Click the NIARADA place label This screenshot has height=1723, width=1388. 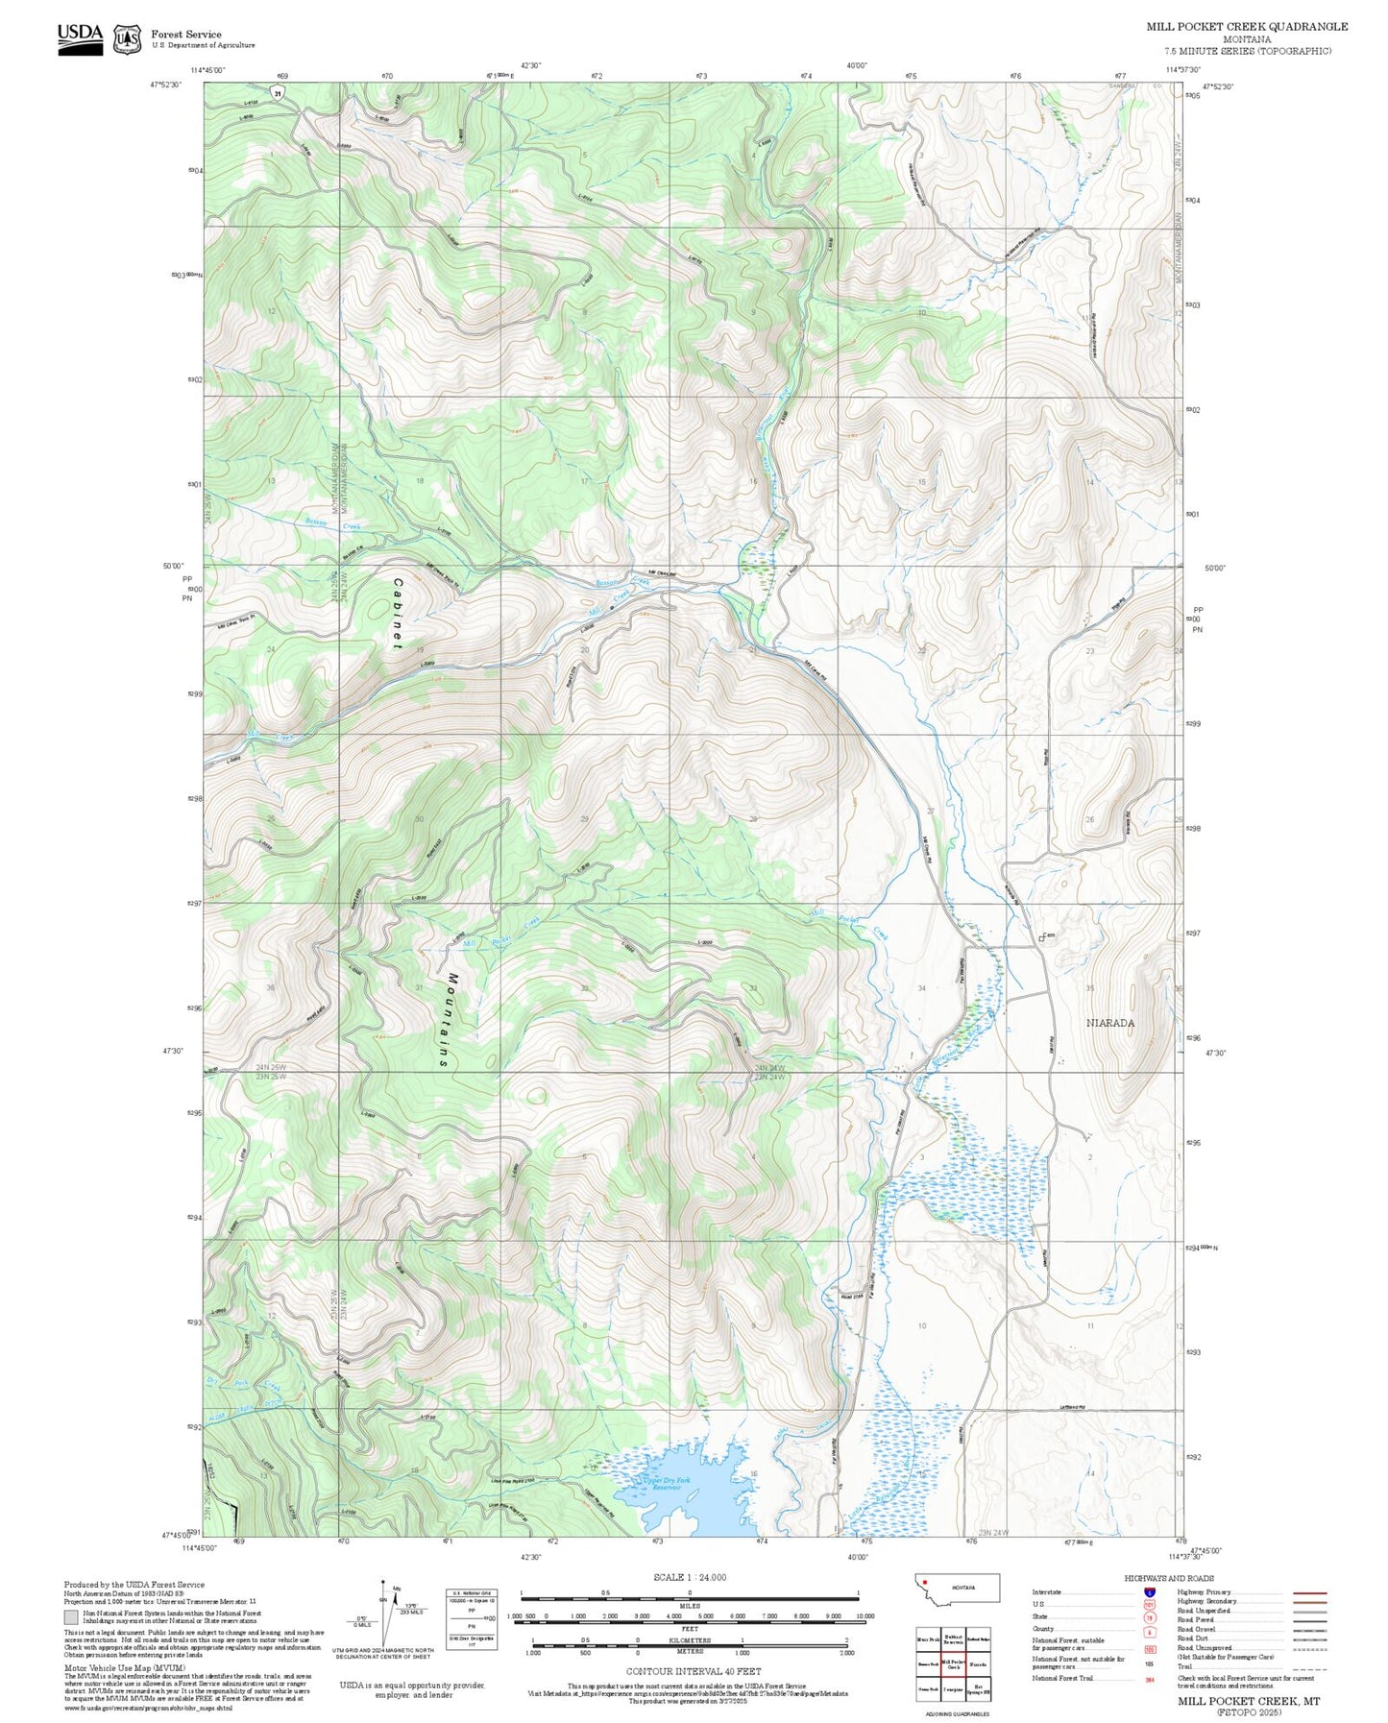tap(1109, 1023)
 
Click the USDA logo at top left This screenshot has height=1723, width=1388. tap(80, 37)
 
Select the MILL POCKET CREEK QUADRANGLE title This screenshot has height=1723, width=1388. tap(1246, 27)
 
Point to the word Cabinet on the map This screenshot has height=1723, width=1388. tap(397, 614)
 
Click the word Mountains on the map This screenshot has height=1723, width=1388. tap(449, 1021)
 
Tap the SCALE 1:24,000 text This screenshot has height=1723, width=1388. tap(689, 1577)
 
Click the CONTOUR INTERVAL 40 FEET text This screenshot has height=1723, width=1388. tap(693, 1672)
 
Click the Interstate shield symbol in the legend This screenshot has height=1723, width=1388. tap(1149, 1592)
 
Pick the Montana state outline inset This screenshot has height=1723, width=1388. tap(957, 1588)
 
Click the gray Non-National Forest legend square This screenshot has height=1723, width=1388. tap(70, 1617)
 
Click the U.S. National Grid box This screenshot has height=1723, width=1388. tap(472, 1619)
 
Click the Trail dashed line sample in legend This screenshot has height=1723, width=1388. tap(1309, 1667)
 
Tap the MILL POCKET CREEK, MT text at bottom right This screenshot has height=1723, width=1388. tap(1249, 1701)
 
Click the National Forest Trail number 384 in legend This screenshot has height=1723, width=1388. tap(1149, 1679)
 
